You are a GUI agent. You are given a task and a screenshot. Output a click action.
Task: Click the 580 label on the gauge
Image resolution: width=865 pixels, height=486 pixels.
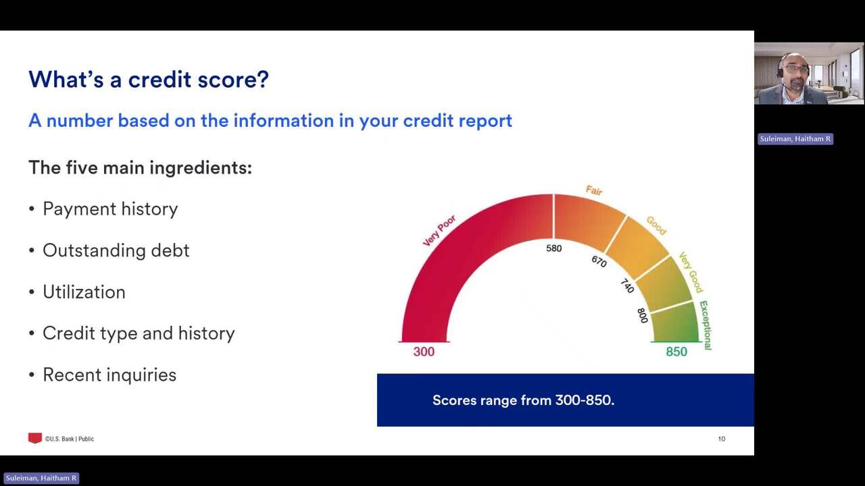click(553, 248)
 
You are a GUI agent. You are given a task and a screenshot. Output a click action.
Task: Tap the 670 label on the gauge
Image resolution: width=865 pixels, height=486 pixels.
click(599, 261)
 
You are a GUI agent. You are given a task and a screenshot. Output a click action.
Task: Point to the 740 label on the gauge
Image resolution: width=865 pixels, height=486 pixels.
click(627, 286)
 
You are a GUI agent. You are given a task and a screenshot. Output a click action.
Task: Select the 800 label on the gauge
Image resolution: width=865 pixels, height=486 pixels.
click(642, 315)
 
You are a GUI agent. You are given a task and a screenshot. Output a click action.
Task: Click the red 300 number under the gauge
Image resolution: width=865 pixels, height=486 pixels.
click(424, 352)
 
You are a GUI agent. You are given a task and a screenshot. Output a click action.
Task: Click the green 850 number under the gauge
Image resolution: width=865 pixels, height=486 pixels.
click(676, 352)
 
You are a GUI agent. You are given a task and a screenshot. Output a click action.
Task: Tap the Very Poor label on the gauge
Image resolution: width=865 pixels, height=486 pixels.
click(439, 231)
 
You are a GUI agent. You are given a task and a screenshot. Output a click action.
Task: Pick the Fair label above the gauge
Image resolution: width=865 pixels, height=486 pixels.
click(594, 190)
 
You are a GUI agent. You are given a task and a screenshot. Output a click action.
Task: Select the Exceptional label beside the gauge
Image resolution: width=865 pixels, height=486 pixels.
click(706, 325)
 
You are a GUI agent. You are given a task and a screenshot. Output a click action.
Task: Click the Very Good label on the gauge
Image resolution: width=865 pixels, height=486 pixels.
click(691, 272)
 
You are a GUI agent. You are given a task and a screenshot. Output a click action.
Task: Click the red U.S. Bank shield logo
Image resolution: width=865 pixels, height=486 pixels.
click(34, 438)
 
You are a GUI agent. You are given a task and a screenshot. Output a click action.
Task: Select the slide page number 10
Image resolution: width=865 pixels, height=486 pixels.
click(721, 439)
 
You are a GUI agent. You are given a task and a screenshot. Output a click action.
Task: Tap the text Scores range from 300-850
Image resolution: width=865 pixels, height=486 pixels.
click(523, 400)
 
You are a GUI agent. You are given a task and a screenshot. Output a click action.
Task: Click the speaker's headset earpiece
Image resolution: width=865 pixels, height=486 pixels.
click(780, 72)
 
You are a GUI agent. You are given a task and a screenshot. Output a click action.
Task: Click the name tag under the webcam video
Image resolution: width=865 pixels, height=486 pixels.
click(795, 139)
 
